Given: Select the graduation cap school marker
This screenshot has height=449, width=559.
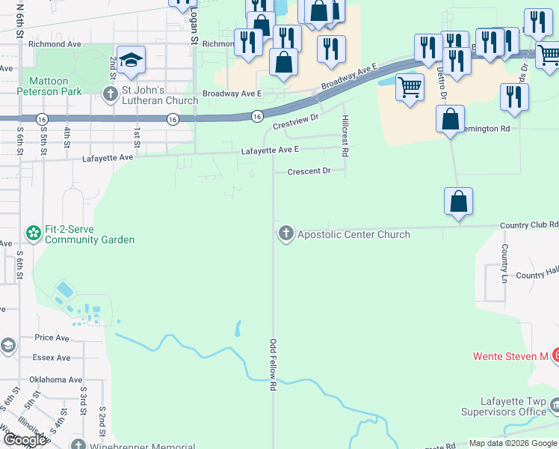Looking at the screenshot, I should tap(131, 61).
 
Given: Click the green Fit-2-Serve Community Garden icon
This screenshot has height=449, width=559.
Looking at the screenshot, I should tap(34, 234).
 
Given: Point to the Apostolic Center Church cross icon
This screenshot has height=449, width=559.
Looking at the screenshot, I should tap(285, 234).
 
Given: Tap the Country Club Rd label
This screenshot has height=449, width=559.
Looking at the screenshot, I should tap(531, 224).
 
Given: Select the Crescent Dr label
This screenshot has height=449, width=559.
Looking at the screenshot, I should tap(309, 171).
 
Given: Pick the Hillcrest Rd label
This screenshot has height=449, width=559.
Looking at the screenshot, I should tap(345, 135).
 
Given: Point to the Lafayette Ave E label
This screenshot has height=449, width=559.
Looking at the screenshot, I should tap(270, 150).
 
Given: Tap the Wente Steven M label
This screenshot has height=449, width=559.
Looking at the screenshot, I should tap(510, 356).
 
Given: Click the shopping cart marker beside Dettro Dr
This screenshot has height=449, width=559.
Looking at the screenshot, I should tap(410, 88).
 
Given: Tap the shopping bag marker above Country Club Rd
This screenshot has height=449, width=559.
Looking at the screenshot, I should tap(458, 201).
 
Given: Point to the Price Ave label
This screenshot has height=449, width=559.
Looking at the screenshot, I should tap(51, 337).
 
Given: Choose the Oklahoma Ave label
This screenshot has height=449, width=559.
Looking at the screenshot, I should tap(57, 379).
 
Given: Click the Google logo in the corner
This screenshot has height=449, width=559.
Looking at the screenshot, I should tap(25, 440).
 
